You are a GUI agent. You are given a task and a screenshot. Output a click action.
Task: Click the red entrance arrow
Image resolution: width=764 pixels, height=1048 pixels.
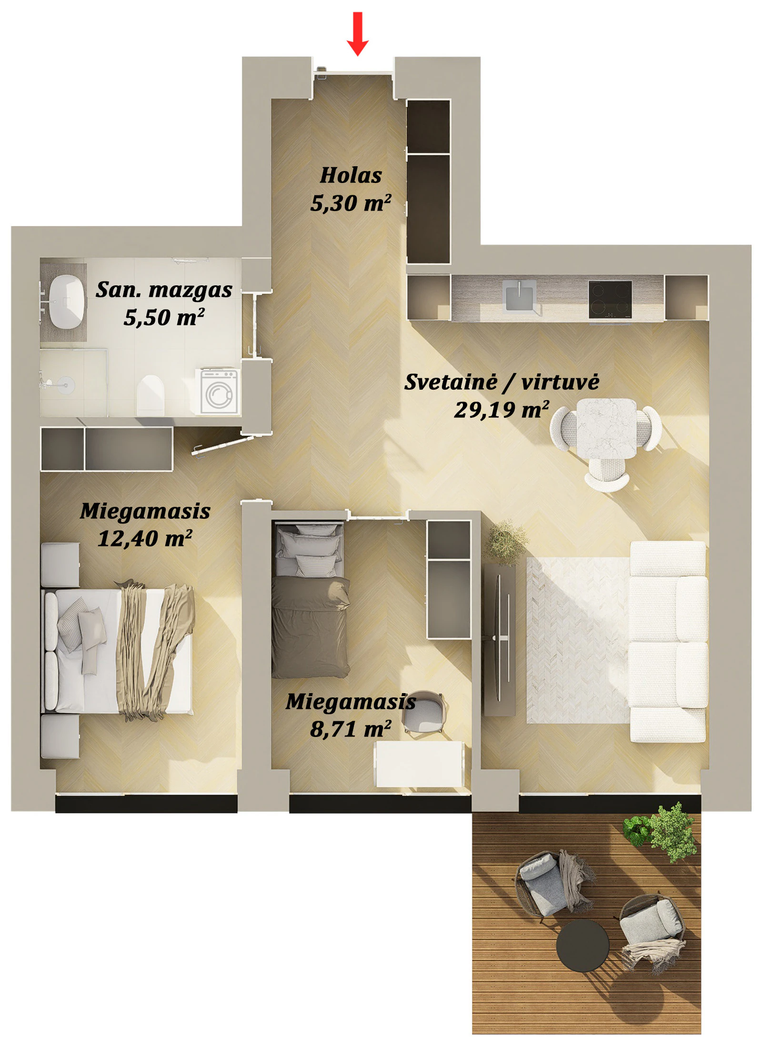pos(357,33)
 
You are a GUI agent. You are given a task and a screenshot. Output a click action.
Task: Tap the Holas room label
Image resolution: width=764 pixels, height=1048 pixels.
pos(351,175)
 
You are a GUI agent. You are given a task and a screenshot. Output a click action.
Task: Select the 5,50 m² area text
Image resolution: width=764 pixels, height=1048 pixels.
pos(164,317)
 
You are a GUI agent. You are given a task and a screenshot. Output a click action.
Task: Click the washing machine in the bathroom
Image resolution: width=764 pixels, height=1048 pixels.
pos(219,392)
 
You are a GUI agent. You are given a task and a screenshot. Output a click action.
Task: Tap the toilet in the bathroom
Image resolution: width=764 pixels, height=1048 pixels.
pos(151,395)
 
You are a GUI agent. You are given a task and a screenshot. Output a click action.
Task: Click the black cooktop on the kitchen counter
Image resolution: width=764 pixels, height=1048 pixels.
pos(610,300)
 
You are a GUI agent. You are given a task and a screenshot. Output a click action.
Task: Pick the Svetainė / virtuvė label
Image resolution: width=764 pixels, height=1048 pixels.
pos(502,382)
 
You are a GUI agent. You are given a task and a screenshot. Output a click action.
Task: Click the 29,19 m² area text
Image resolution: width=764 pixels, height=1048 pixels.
pos(502,410)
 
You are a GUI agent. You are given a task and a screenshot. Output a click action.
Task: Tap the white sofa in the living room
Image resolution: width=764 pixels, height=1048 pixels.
pos(668,642)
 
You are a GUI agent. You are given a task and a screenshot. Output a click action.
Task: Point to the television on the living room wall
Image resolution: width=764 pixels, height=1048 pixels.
pos(499,638)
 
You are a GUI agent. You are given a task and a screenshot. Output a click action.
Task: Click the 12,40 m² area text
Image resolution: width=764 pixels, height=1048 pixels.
pos(145,538)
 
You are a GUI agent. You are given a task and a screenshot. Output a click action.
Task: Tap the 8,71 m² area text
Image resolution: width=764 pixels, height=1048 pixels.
pos(351,729)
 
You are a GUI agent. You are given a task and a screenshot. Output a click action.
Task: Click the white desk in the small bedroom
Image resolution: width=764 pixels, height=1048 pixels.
pos(420,764)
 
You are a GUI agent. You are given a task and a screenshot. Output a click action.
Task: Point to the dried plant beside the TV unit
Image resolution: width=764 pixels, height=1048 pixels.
pos(506,542)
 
